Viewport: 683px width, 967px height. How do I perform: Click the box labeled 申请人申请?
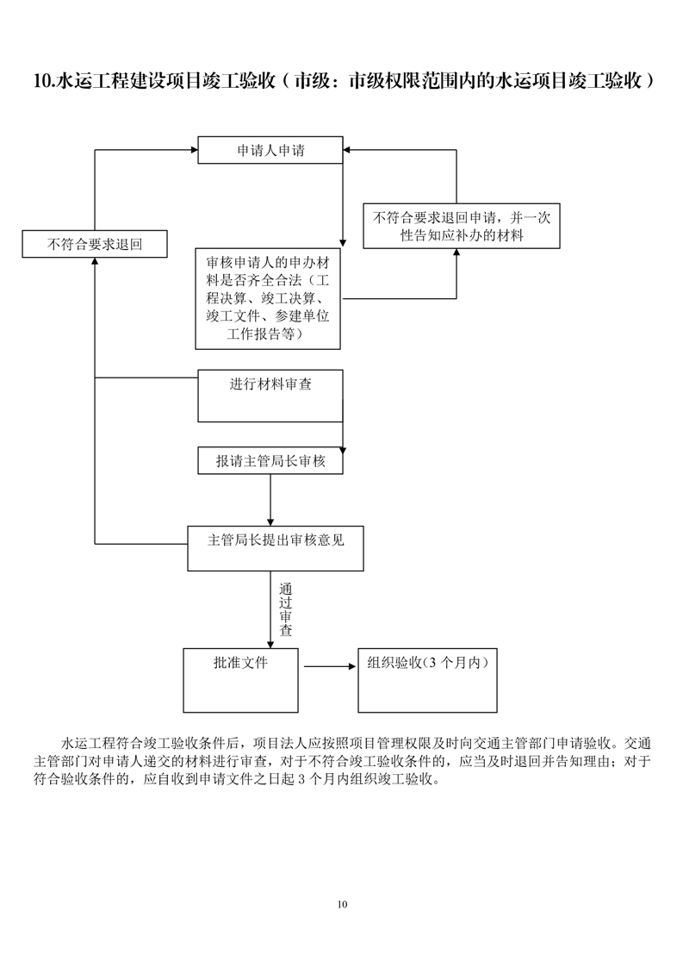pyautogui.click(x=270, y=150)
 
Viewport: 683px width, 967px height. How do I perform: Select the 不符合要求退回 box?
pyautogui.click(x=95, y=244)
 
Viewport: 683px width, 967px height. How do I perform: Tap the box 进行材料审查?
pyautogui.click(x=270, y=396)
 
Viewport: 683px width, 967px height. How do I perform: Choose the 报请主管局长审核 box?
pyautogui.click(x=270, y=461)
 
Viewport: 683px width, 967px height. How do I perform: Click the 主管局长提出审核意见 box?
pyautogui.click(x=276, y=548)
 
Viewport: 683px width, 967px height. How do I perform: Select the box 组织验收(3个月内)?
pyautogui.click(x=427, y=680)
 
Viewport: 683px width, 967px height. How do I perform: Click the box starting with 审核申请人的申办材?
pyautogui.click(x=268, y=298)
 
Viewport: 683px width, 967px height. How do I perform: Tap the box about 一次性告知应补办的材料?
pyautogui.click(x=462, y=226)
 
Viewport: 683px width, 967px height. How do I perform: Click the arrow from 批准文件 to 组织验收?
pyautogui.click(x=330, y=666)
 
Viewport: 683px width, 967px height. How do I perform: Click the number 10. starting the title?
pyautogui.click(x=44, y=82)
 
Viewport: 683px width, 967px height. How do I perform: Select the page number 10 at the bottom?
pyautogui.click(x=342, y=904)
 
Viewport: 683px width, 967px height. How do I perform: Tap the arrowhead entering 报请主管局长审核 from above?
pyautogui.click(x=344, y=451)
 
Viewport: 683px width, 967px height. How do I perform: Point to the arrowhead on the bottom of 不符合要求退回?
pyautogui.click(x=94, y=261)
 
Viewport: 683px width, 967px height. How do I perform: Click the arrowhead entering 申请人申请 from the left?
pyautogui.click(x=193, y=150)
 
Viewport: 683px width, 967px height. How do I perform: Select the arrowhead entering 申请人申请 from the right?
pyautogui.click(x=348, y=150)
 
